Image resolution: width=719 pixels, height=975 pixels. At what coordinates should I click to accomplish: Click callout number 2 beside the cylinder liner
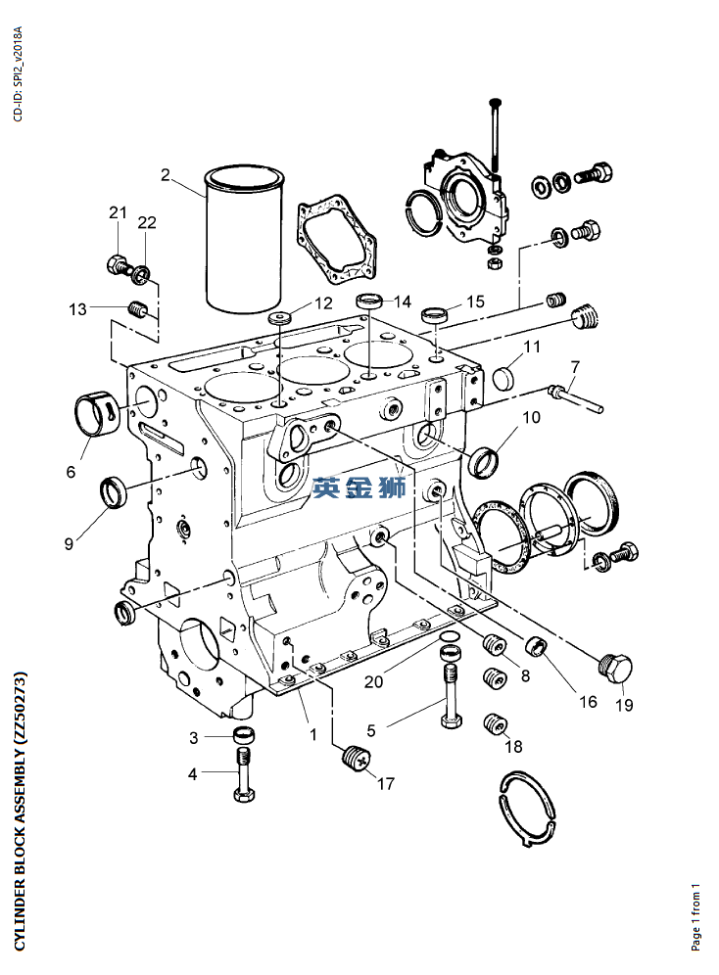coord(166,176)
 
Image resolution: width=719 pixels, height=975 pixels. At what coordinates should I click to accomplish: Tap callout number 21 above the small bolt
coord(118,213)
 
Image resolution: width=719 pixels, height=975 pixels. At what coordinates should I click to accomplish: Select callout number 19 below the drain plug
coord(624,704)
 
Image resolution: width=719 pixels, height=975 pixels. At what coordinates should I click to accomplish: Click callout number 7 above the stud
coord(575,367)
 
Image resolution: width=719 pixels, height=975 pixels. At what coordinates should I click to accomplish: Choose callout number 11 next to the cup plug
coord(532,348)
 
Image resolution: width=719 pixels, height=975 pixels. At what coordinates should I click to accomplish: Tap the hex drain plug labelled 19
coord(615,669)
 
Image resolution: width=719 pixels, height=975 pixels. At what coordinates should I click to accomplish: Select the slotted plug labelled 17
coord(357,758)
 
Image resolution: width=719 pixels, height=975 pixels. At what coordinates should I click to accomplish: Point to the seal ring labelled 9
coord(115,489)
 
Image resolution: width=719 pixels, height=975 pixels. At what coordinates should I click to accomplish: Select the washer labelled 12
coord(282,319)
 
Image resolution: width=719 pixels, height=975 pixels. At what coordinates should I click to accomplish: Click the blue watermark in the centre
coord(359,486)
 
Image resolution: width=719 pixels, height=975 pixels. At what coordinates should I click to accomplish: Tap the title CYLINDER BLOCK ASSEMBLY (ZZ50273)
coord(20,810)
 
